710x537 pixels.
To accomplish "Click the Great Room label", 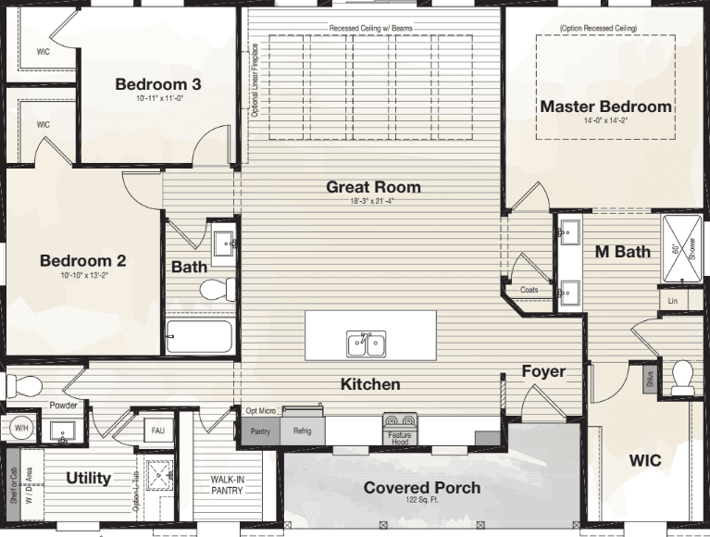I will (373, 187).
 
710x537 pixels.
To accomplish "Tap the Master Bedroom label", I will (605, 106).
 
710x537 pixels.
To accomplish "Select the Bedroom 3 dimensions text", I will (158, 98).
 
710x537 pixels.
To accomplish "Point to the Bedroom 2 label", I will (82, 261).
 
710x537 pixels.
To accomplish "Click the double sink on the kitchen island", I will (367, 343).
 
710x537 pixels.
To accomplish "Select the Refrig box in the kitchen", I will (303, 431).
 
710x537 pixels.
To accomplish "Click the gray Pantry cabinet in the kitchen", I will (259, 431).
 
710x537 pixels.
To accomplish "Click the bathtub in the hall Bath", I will (199, 337).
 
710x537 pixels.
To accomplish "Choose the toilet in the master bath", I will (683, 376).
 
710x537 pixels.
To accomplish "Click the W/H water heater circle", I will (19, 429).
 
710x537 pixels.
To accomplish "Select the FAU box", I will (156, 431).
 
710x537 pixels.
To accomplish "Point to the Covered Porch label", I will (421, 488).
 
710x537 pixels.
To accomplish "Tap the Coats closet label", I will (529, 290).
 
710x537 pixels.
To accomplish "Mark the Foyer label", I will (543, 372).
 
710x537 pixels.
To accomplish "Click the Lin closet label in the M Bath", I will (673, 301).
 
